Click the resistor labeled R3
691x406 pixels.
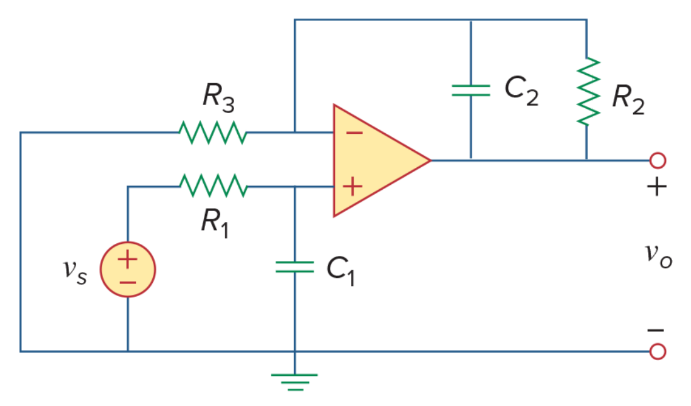[213, 132]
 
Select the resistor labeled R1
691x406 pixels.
[214, 186]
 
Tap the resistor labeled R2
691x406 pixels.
[588, 92]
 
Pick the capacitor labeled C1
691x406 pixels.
[295, 266]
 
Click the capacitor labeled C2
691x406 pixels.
[471, 90]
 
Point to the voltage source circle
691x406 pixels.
[128, 269]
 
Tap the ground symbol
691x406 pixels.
[295, 382]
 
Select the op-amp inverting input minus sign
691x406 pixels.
[354, 133]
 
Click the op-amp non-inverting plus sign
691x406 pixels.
[352, 187]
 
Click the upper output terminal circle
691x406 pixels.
[658, 160]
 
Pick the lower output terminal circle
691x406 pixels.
[658, 351]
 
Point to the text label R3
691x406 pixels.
[218, 97]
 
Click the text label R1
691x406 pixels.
[215, 224]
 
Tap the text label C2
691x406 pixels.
[521, 91]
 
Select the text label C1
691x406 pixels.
[340, 271]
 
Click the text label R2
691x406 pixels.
[629, 100]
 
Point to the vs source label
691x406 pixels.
[75, 271]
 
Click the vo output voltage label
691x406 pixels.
[659, 256]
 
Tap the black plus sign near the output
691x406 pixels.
[656, 187]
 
